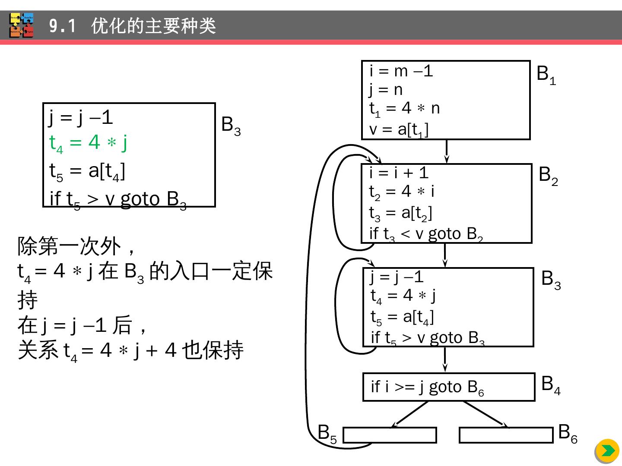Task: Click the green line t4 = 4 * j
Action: tap(88, 142)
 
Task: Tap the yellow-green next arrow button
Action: tap(608, 450)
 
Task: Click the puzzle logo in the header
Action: tap(22, 25)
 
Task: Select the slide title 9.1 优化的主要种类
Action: tap(132, 26)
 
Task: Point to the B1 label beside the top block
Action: tap(546, 75)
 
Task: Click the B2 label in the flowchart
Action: tap(548, 176)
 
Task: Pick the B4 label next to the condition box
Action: tap(550, 384)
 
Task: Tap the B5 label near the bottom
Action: tap(327, 433)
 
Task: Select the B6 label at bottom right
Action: tap(567, 432)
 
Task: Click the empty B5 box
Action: tap(390, 435)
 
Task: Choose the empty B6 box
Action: tap(506, 435)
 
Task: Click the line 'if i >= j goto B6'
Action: tap(427, 387)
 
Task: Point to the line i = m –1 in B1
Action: tap(401, 71)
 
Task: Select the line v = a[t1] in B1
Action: tap(399, 129)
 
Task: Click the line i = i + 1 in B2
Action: tap(399, 173)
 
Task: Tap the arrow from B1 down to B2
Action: tap(446, 151)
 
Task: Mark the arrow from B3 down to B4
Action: tap(445, 359)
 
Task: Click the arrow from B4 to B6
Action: tap(486, 414)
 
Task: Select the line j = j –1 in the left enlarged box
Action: tap(81, 117)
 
